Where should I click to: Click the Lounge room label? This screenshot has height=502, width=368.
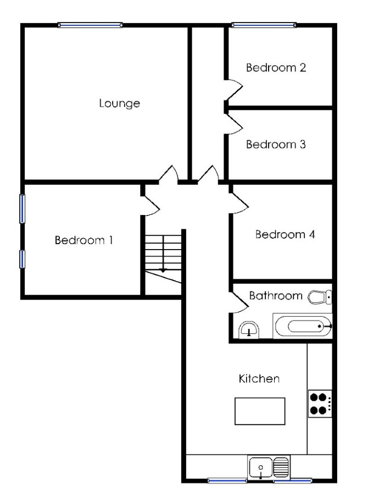(119, 103)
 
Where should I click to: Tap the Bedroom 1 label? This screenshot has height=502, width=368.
(84, 240)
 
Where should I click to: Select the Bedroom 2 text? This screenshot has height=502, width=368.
(276, 68)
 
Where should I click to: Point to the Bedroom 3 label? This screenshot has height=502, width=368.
(276, 145)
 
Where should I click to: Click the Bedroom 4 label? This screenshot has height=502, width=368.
(285, 234)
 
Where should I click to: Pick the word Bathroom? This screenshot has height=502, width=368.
(276, 295)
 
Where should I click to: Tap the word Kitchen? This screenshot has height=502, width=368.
(259, 379)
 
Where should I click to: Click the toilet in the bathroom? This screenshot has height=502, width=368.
(320, 297)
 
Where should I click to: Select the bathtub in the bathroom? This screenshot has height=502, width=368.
(303, 326)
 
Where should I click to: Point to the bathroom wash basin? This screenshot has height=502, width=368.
(249, 330)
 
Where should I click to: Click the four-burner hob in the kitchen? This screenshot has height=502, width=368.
(320, 404)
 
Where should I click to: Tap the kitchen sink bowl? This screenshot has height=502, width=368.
(260, 467)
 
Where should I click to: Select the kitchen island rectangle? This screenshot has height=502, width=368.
(260, 411)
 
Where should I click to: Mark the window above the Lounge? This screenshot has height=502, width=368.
(90, 25)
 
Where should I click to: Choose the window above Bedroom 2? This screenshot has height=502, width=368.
(264, 25)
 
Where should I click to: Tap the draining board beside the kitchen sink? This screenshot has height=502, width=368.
(281, 467)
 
